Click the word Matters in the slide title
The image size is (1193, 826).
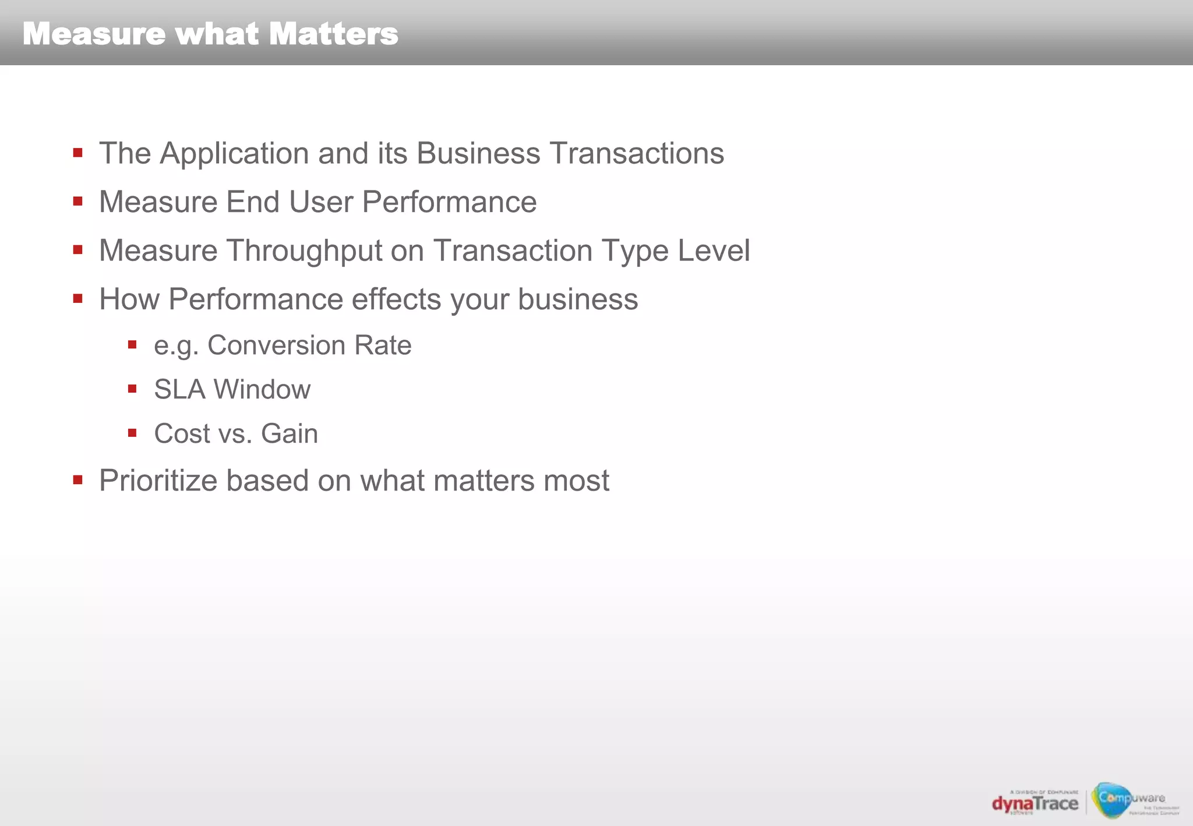[x=334, y=34]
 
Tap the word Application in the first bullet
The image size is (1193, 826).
[x=234, y=154]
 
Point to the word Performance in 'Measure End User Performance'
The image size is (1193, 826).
[x=449, y=202]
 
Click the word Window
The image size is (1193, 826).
[x=262, y=390]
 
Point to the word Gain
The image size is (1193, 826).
[x=290, y=434]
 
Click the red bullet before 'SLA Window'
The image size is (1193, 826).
[x=132, y=389]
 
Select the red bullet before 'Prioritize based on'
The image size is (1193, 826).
[x=77, y=480]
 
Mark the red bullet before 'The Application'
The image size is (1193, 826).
[x=77, y=153]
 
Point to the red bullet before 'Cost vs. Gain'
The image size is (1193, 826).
[x=132, y=433]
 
